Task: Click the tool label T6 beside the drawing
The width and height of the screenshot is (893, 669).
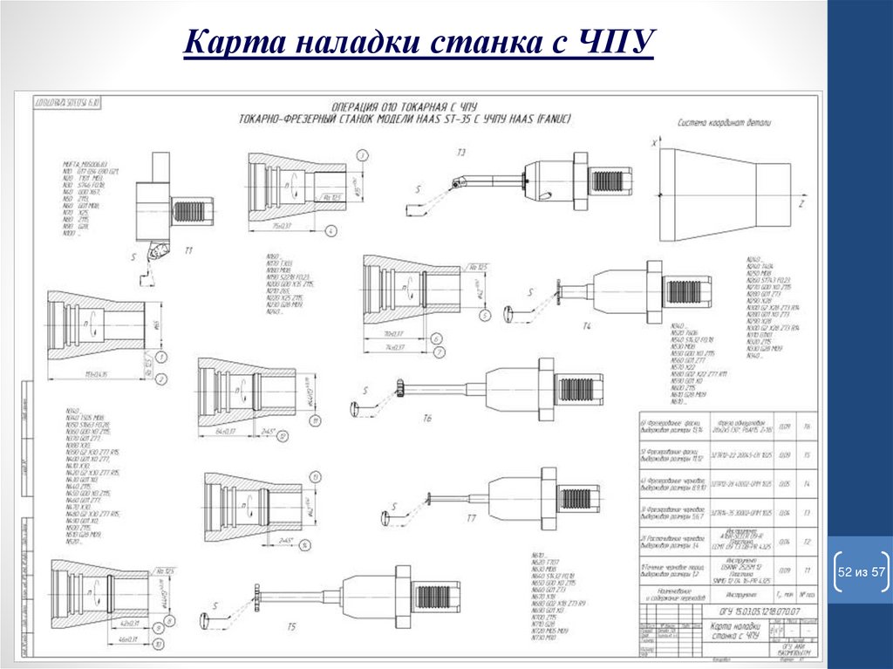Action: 427,419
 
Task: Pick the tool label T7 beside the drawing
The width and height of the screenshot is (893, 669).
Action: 470,518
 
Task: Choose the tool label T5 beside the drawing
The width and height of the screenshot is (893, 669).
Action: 291,626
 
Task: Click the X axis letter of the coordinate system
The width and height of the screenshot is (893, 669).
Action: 654,141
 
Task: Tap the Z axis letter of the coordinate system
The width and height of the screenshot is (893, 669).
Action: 800,202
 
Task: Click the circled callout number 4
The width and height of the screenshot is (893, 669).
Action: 331,231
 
